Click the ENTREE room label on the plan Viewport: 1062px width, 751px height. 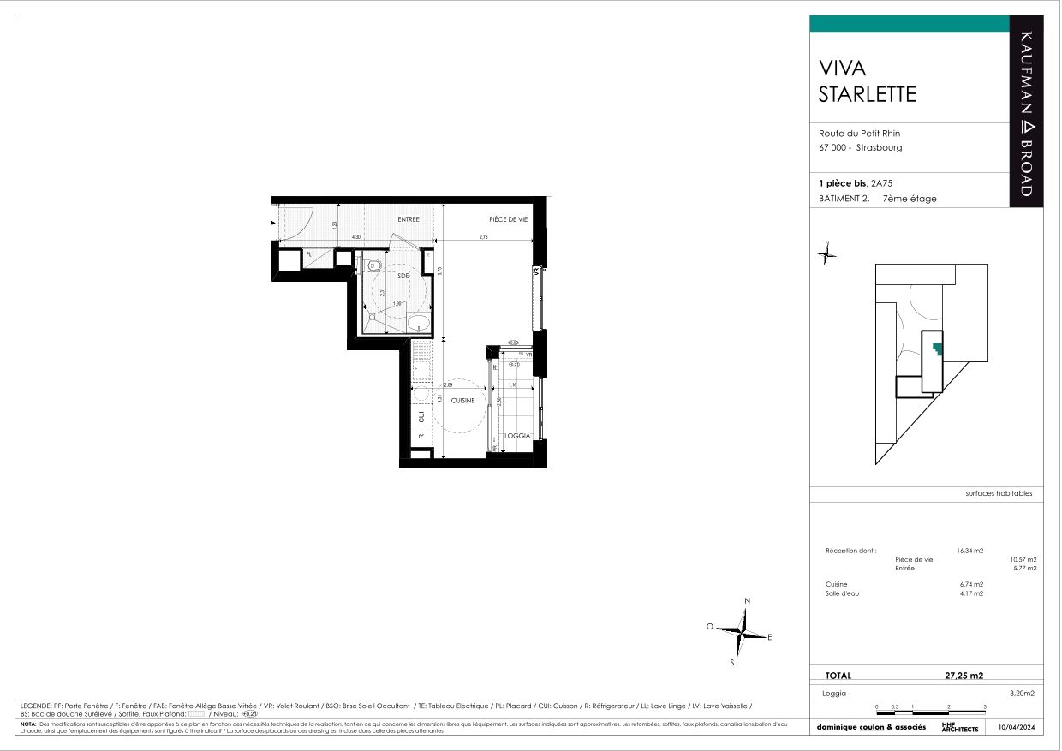tap(409, 219)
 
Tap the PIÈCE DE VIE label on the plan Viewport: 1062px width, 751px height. tap(508, 219)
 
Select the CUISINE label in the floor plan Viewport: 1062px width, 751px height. tap(462, 401)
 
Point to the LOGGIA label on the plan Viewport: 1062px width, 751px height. tap(516, 436)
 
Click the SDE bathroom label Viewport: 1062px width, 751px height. tap(402, 276)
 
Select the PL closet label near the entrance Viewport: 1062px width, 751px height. tap(308, 254)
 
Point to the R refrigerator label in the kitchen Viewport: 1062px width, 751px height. tap(421, 437)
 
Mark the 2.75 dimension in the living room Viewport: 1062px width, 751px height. tap(483, 237)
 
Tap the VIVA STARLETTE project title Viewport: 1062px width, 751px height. tap(867, 80)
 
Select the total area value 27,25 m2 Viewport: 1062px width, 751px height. tap(964, 675)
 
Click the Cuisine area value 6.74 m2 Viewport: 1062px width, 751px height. tap(970, 584)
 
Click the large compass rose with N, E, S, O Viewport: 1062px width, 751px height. tap(743, 632)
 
